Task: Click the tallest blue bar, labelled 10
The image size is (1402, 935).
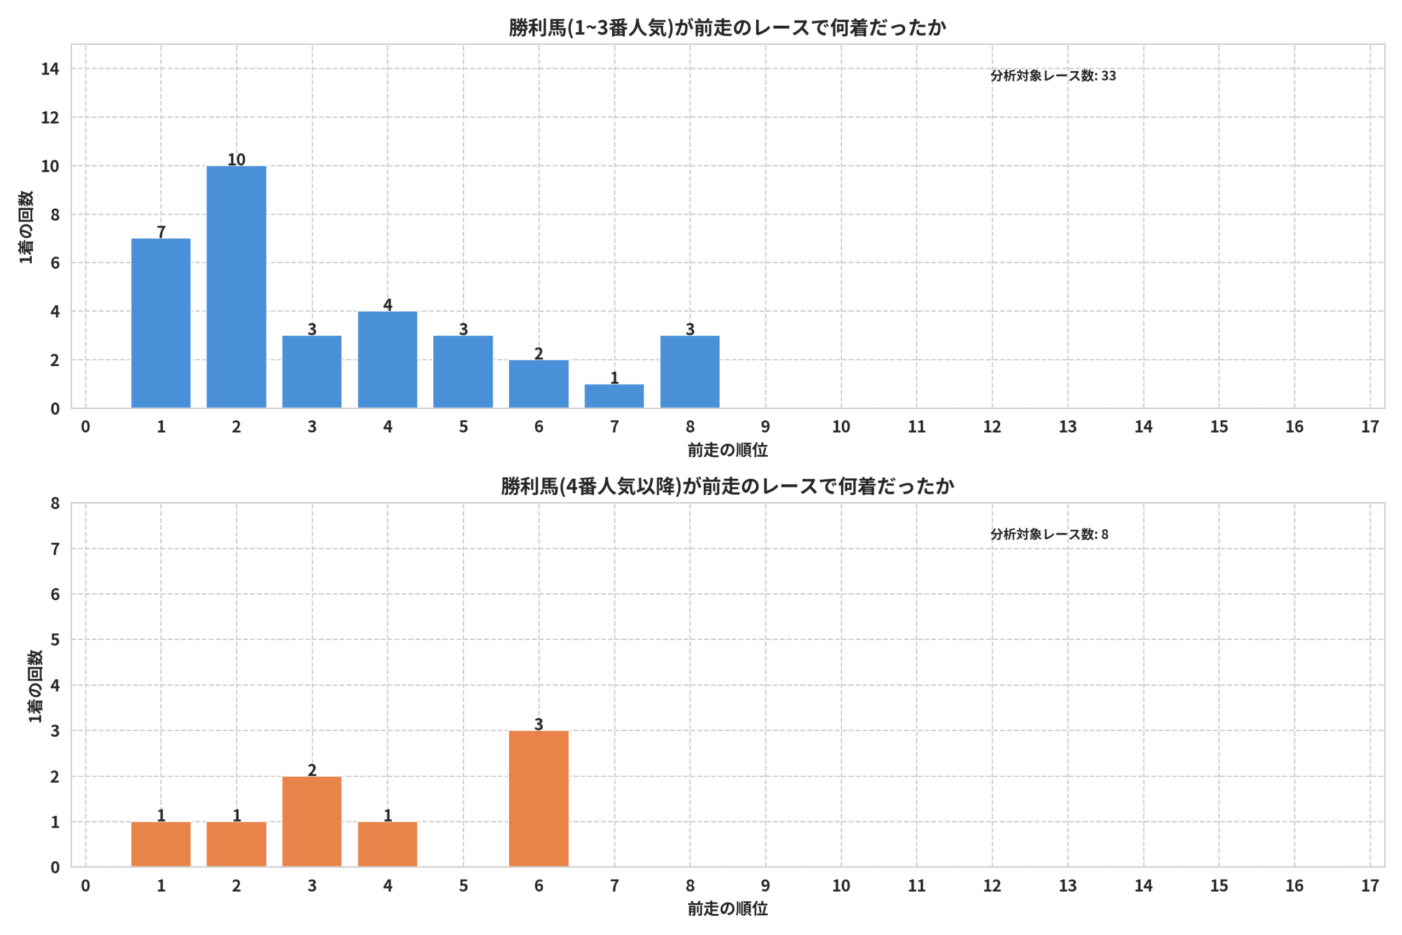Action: tap(236, 287)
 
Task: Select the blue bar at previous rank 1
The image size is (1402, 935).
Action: tap(161, 323)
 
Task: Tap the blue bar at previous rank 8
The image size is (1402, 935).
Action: tap(689, 372)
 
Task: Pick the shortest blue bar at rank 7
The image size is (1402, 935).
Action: tap(614, 397)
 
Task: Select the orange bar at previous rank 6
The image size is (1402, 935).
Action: tap(538, 799)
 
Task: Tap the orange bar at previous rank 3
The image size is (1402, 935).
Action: tap(312, 821)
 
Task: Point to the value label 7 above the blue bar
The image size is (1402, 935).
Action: tap(161, 231)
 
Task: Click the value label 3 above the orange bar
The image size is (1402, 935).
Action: tap(538, 724)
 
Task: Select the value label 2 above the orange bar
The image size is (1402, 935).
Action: tap(312, 770)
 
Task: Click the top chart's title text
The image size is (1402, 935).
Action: tap(727, 27)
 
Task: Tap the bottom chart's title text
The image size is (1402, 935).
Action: tap(727, 486)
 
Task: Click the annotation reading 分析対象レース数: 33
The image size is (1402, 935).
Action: tap(1053, 76)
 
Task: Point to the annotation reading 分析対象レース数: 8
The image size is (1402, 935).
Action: tap(1049, 534)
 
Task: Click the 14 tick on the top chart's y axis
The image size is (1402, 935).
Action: tap(50, 69)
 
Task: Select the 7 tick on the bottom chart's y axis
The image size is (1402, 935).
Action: tap(55, 549)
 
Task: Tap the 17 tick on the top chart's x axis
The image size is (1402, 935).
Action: tap(1370, 427)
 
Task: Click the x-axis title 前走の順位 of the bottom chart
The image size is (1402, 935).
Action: tap(727, 909)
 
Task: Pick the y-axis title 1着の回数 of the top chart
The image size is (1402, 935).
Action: tap(26, 227)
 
